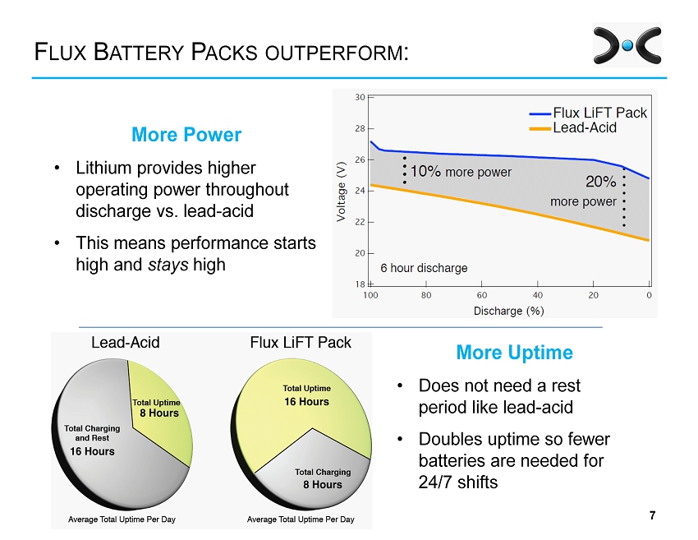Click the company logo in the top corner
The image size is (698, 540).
click(627, 45)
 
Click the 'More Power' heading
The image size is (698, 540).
click(186, 135)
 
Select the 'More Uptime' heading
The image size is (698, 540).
click(514, 353)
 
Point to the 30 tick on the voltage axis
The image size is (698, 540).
click(360, 97)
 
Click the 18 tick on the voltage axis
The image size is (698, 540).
click(360, 284)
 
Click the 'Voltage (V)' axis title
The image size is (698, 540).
click(341, 191)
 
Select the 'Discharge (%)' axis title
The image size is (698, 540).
click(508, 311)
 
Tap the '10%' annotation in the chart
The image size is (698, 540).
click(425, 172)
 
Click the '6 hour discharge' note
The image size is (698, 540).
click(424, 268)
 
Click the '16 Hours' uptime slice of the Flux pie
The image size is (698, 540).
click(306, 396)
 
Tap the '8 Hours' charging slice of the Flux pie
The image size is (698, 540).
click(322, 479)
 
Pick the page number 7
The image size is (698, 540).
click(652, 515)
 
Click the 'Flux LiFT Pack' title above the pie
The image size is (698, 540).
click(300, 343)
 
